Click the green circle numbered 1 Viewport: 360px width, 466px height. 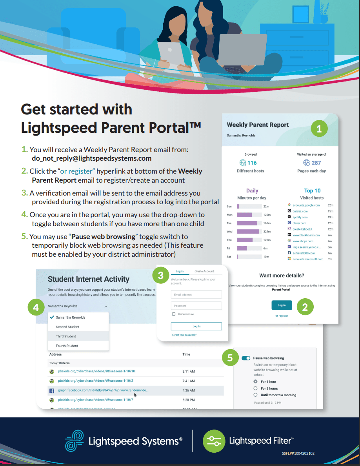[319, 129]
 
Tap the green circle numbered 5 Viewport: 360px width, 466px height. [230, 358]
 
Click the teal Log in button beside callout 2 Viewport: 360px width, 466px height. [282, 305]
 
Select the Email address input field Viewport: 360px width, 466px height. [196, 295]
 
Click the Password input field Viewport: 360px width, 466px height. [196, 306]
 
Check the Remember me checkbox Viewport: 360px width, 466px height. [174, 314]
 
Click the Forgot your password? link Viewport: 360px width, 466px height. [184, 335]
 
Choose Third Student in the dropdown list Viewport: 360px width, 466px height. [66, 336]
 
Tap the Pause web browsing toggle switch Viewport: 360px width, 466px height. [246, 358]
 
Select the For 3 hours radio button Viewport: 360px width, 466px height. [256, 388]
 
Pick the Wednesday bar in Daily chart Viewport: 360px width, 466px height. [248, 232]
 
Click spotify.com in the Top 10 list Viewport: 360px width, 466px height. [300, 217]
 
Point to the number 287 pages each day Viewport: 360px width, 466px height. [316, 163]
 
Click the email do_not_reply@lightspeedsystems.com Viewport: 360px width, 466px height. [91, 159]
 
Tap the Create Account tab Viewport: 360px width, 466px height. [204, 271]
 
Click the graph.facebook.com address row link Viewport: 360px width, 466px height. [104, 390]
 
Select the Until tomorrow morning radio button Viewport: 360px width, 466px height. [256, 395]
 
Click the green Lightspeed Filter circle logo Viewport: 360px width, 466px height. [214, 441]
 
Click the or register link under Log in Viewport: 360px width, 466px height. [282, 316]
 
